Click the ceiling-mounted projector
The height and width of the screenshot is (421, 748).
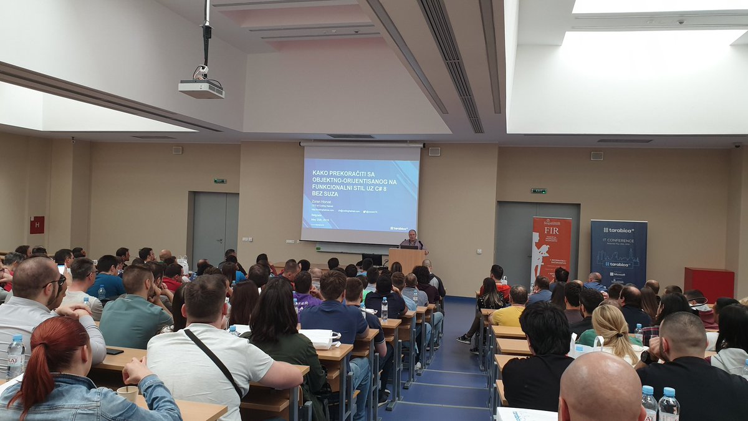201,89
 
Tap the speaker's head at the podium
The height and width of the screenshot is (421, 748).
411,235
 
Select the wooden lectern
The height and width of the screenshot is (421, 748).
406,259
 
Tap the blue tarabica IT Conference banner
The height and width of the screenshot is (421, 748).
618,252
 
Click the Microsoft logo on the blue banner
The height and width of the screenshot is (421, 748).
618,274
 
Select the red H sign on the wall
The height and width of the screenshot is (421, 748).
37,225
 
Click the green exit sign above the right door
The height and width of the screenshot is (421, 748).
539,191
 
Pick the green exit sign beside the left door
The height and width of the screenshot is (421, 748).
220,181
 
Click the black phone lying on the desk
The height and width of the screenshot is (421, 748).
115,351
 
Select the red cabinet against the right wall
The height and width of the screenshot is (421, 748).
709,284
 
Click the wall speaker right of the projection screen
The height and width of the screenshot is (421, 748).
434,151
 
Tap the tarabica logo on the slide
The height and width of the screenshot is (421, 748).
399,228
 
